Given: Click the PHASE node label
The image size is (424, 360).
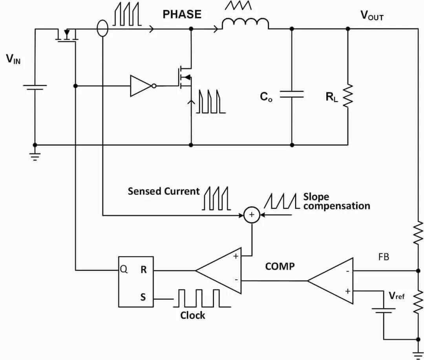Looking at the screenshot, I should pos(182,15).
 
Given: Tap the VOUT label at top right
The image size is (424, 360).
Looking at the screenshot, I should pos(372,16).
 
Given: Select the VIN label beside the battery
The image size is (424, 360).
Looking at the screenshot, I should pos(13,60).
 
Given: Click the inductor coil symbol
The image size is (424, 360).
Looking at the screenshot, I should pos(245,24).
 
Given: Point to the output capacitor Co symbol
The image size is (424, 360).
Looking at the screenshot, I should pos(291,94).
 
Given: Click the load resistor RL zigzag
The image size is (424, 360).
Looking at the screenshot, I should pos(347,95).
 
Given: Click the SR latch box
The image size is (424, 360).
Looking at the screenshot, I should pos(136,281).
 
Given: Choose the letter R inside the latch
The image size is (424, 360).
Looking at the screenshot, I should pos(143,270).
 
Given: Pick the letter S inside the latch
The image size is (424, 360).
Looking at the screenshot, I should pos(143,298).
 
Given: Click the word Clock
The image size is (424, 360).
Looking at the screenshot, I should pos(192,315).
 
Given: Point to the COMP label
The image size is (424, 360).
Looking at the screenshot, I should pos(280,266).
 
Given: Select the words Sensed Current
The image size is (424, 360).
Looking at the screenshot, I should pos(163,191).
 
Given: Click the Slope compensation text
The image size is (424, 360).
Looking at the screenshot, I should pos(336,201).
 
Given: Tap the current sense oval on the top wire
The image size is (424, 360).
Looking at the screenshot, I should pos(102,29).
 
